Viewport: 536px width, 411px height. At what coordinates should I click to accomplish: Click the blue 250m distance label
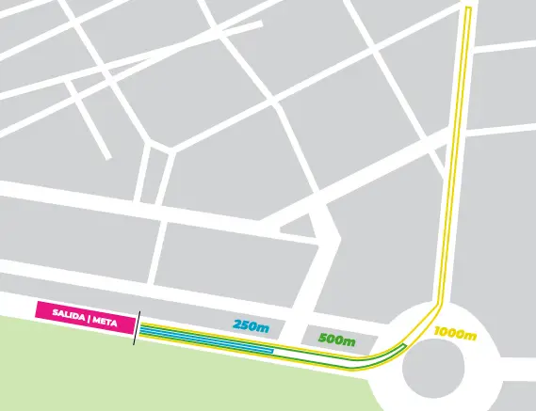(x=251, y=324)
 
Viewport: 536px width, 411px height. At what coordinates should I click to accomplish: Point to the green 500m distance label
(x=336, y=339)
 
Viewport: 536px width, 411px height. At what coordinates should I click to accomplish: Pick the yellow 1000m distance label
(x=455, y=333)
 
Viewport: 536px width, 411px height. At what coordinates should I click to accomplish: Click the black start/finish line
(x=136, y=327)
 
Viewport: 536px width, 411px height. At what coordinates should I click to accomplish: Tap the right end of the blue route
(x=271, y=350)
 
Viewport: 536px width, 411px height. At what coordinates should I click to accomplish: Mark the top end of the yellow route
(x=467, y=9)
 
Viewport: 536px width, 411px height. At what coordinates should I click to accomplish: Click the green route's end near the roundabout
(x=402, y=347)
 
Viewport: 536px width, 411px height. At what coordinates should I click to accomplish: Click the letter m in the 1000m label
(x=471, y=333)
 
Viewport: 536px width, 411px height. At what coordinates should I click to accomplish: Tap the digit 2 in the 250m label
(x=237, y=324)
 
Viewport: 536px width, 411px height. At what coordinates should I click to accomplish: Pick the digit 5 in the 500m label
(x=323, y=339)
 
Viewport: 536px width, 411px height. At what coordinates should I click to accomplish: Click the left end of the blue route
(x=141, y=329)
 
